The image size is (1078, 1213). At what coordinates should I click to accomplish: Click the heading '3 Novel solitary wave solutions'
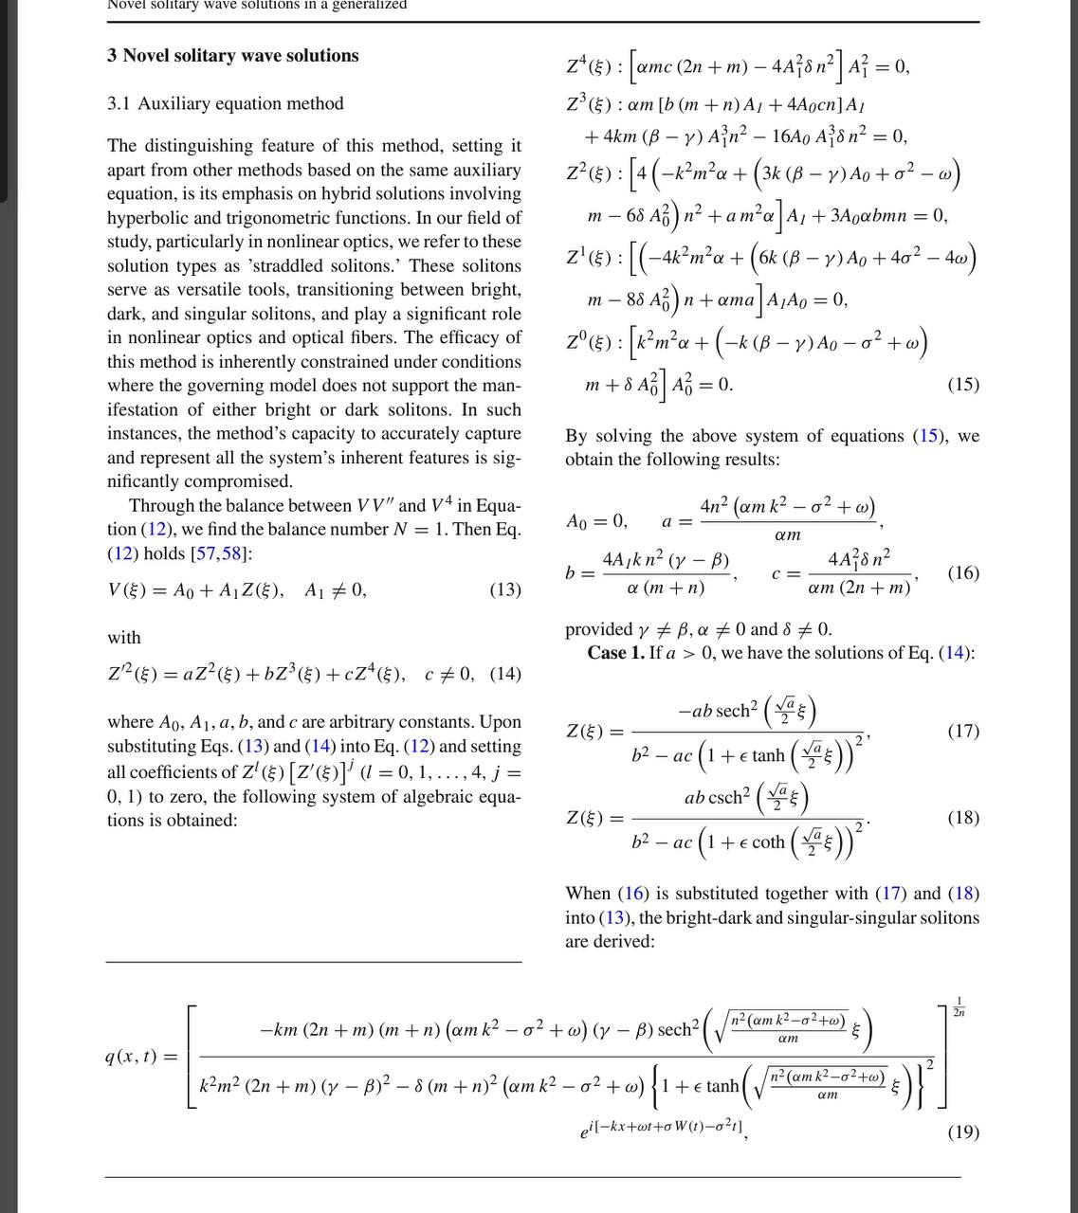point(232,56)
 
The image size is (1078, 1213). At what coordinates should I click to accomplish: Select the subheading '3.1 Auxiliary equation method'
point(225,103)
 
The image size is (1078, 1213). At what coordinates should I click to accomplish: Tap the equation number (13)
point(504,589)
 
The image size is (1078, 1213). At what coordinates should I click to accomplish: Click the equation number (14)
point(505,674)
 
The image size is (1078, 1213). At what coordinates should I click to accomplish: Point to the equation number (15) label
point(962,384)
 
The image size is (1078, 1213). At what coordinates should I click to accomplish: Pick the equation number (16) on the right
point(962,572)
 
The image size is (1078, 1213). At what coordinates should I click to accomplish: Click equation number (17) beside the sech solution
point(962,731)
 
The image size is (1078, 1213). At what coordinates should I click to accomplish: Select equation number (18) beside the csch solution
point(962,817)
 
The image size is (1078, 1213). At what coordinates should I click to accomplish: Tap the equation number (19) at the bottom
point(962,1132)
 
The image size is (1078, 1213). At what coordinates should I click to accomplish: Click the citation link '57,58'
point(218,553)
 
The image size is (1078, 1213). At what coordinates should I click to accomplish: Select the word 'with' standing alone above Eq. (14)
point(123,638)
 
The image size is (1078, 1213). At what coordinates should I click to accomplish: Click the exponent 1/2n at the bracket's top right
point(959,1006)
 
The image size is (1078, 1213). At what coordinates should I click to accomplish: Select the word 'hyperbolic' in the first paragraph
point(147,218)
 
